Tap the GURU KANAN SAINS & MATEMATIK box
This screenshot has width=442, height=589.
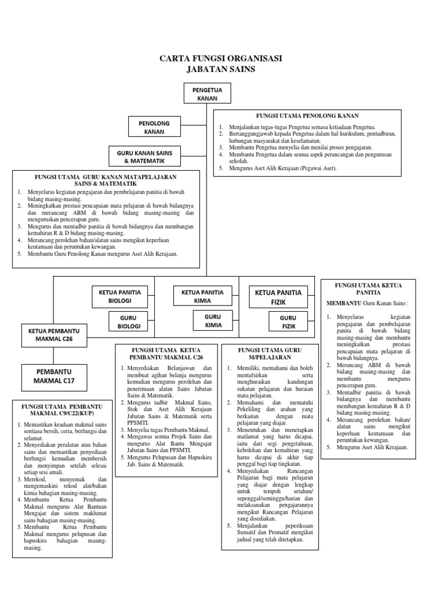(x=145, y=156)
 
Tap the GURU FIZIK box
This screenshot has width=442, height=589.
(x=288, y=323)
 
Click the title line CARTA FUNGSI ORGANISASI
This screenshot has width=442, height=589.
(x=221, y=59)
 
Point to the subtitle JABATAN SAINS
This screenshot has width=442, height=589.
(x=221, y=70)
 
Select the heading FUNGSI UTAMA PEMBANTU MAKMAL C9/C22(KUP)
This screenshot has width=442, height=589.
(x=61, y=410)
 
